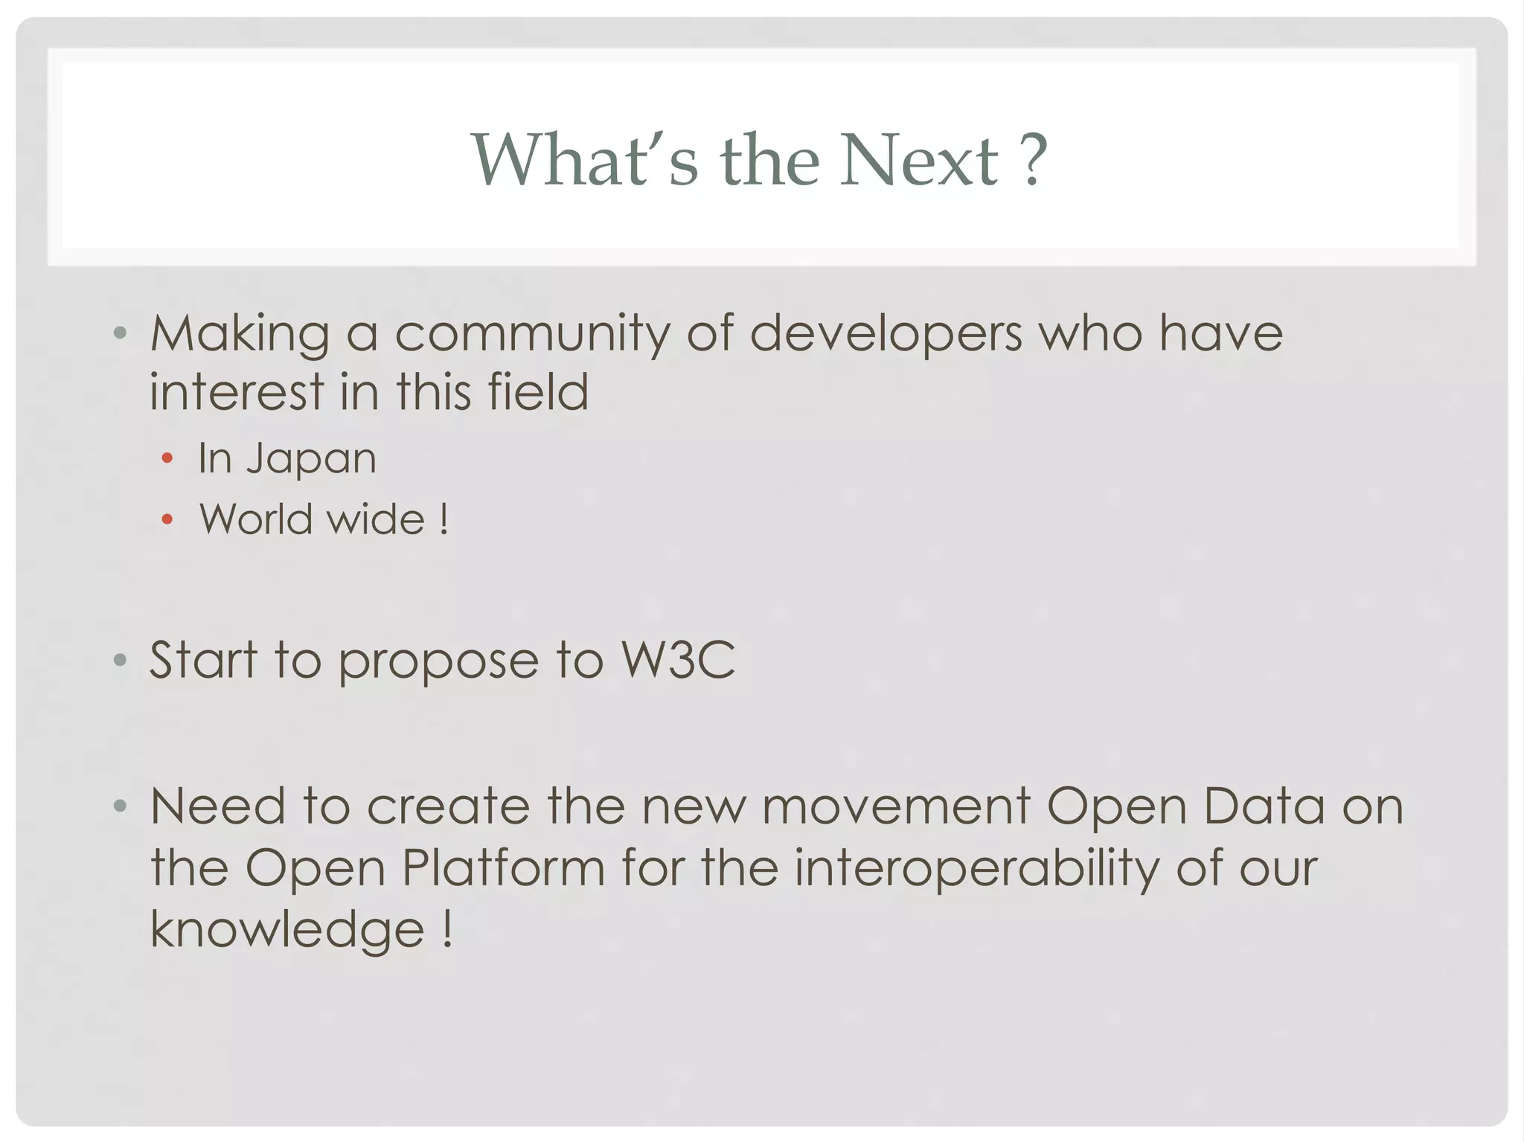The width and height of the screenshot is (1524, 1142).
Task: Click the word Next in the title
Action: point(919,160)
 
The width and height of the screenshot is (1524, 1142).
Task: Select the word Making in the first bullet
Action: point(240,334)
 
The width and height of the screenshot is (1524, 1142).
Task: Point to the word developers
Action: point(886,334)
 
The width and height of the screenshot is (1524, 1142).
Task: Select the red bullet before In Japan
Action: point(167,458)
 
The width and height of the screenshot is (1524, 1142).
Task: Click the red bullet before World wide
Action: point(167,519)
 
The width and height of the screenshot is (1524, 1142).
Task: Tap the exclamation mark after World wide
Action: point(444,519)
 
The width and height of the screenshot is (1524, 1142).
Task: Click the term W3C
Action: point(678,660)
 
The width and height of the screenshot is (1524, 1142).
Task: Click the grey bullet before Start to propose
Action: point(120,659)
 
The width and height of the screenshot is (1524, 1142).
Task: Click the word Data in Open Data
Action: point(1264,807)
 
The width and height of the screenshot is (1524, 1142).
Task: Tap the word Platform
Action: point(504,868)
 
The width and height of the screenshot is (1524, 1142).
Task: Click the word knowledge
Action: point(287,930)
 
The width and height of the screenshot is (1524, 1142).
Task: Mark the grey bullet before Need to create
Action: point(120,806)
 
